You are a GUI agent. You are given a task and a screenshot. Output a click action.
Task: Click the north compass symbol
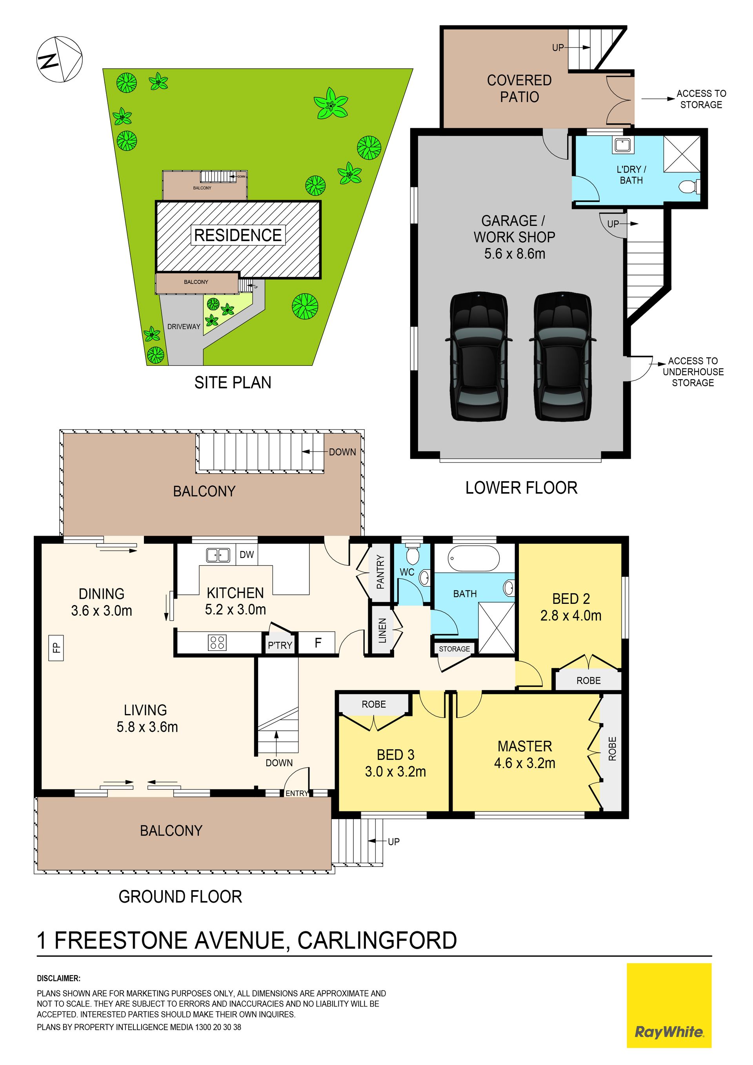click(59, 59)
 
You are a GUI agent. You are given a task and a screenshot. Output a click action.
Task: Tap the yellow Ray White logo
click(669, 1005)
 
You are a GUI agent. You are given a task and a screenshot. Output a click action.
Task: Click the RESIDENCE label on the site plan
click(238, 235)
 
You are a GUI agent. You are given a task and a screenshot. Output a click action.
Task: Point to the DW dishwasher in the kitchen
click(247, 555)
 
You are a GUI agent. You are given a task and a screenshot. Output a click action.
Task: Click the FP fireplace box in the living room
click(56, 647)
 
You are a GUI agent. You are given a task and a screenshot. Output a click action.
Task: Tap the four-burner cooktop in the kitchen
click(217, 642)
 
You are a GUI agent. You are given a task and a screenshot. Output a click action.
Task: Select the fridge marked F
click(318, 643)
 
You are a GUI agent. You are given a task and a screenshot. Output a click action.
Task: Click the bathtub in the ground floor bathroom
click(474, 558)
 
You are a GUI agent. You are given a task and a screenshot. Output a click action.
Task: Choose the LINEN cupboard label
click(382, 631)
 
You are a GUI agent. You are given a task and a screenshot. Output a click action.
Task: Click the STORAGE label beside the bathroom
click(454, 649)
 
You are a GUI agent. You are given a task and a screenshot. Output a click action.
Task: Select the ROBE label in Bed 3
click(373, 704)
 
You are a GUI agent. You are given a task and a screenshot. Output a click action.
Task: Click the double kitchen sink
click(218, 555)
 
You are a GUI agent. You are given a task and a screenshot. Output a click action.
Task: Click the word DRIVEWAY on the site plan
click(184, 327)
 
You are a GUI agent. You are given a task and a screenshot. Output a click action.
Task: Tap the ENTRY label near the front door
click(297, 793)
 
